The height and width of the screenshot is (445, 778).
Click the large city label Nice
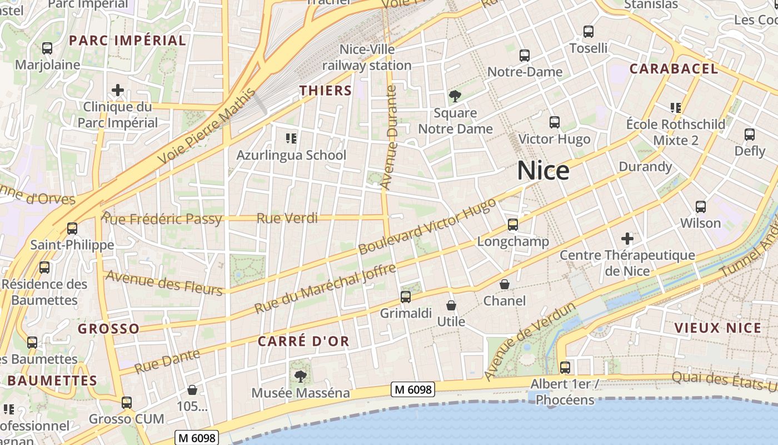tap(543, 171)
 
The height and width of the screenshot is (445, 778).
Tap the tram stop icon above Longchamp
tap(512, 225)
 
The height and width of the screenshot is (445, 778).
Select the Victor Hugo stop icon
tap(554, 122)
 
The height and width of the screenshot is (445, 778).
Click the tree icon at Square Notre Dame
tap(455, 96)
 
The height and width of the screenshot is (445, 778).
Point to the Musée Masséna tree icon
tap(301, 377)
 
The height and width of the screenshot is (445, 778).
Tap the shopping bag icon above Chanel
tap(505, 284)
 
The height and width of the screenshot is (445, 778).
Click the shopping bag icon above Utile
tap(451, 305)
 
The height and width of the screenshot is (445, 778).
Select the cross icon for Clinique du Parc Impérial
tap(118, 90)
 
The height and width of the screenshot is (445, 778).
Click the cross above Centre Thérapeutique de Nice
tap(627, 239)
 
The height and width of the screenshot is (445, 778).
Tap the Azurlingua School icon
tap(291, 138)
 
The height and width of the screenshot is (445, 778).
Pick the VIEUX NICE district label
tap(717, 328)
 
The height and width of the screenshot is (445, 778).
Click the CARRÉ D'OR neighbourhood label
tap(303, 341)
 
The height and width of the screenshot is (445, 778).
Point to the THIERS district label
tap(326, 91)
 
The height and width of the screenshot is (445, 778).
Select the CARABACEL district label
tap(674, 69)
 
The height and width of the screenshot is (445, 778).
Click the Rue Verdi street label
tap(287, 218)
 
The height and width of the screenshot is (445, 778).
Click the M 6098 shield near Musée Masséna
tap(412, 389)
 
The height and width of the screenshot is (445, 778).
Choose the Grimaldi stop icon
tap(406, 296)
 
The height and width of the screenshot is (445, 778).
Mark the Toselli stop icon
tap(589, 32)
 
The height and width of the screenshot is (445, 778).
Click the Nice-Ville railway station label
tap(367, 57)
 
